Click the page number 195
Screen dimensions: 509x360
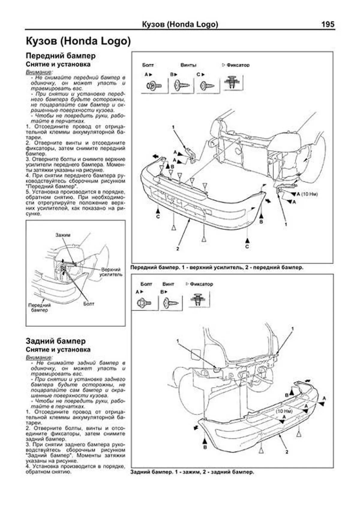(x=328, y=24)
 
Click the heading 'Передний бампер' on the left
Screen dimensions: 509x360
(x=61, y=56)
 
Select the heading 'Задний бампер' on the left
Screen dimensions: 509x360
(x=55, y=341)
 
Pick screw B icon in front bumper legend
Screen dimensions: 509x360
(x=182, y=86)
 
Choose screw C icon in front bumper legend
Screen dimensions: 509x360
(x=207, y=86)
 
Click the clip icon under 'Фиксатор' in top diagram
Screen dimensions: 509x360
(x=233, y=82)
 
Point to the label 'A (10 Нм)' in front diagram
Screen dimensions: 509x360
(x=307, y=194)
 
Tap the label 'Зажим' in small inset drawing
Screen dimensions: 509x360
(x=63, y=235)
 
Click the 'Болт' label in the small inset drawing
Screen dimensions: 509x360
(x=89, y=304)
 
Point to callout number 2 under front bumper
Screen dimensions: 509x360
(x=178, y=249)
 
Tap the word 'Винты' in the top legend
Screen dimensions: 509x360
(x=188, y=65)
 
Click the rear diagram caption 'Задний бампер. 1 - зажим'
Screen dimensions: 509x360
(x=192, y=472)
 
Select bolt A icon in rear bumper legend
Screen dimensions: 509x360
(x=144, y=303)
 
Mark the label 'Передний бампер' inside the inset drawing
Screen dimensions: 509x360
(x=39, y=307)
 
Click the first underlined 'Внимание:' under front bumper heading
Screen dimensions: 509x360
(x=39, y=72)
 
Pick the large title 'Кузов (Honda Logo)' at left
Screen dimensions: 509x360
(x=78, y=41)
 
